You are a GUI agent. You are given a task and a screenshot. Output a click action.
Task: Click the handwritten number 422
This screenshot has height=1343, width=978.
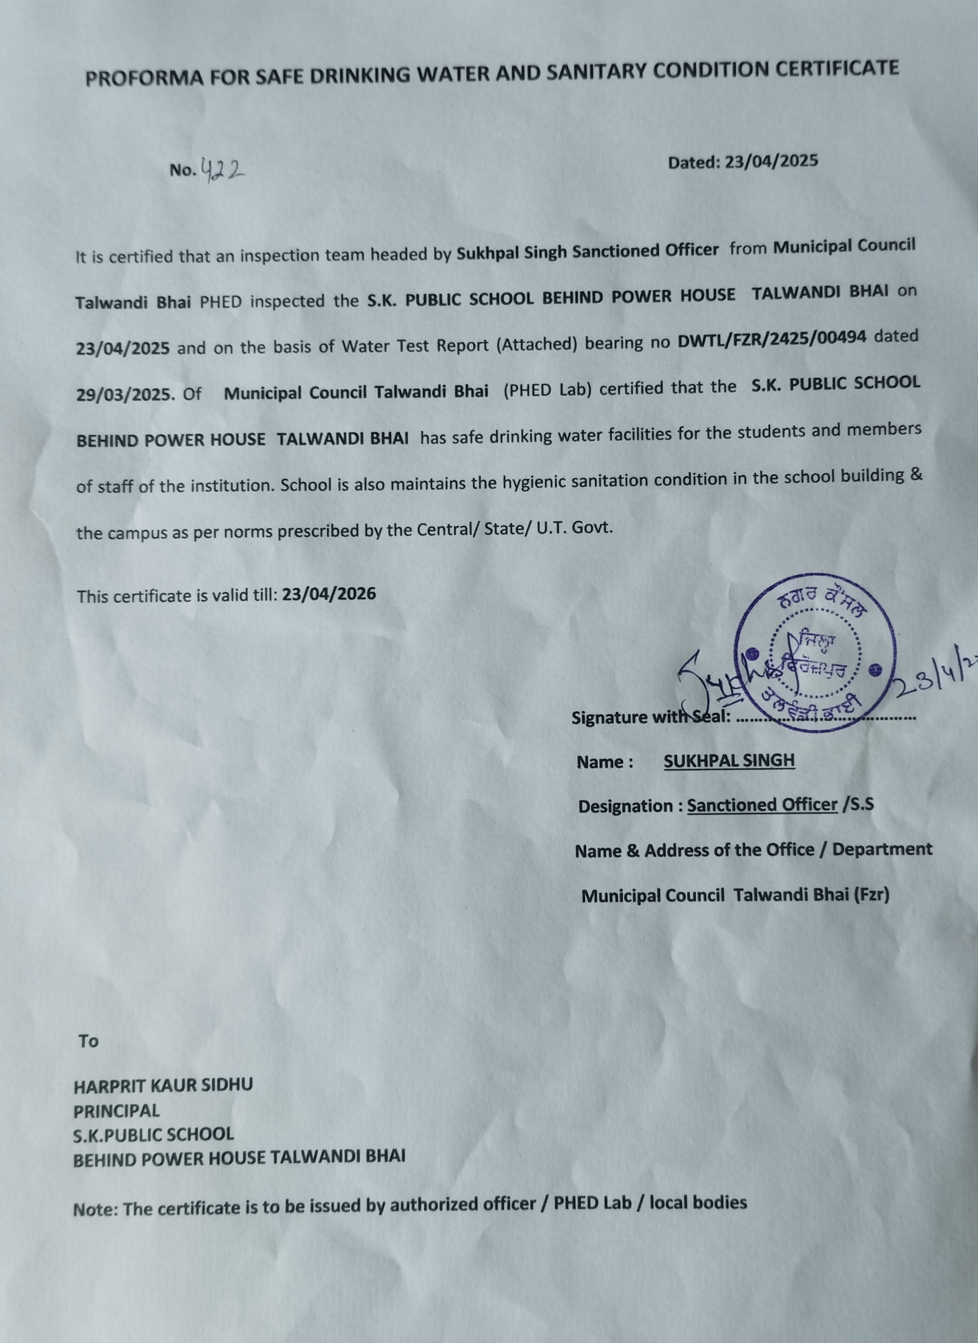(223, 170)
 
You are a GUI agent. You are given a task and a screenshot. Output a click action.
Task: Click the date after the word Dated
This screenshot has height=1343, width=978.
(771, 161)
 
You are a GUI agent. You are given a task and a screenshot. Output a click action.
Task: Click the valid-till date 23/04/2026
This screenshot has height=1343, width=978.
(329, 594)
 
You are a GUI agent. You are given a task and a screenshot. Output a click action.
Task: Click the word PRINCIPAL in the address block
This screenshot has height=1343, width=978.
(116, 1111)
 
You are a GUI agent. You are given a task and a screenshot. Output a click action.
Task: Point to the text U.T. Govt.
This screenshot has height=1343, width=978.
(575, 527)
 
